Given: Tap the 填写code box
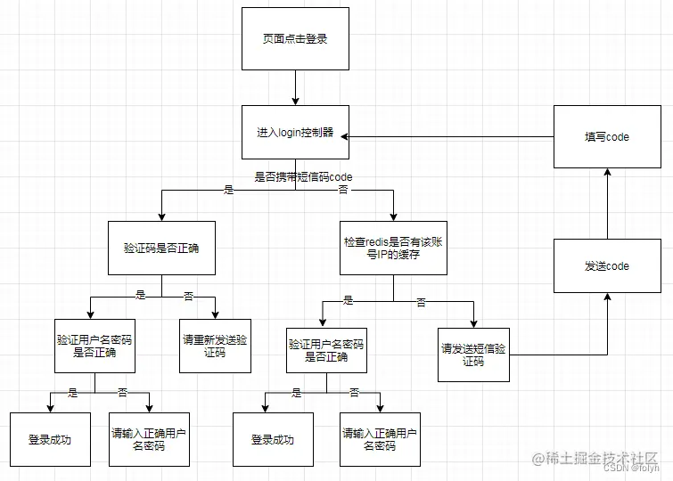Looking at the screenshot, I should point(606,136).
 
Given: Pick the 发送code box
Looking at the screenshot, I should point(606,265).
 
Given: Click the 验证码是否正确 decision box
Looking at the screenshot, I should point(161,248).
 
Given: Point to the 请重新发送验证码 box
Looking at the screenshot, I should point(214,346).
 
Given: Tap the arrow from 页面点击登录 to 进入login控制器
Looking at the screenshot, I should point(295,88).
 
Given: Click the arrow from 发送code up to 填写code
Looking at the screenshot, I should point(606,204).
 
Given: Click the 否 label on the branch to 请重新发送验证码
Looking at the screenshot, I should point(188,295).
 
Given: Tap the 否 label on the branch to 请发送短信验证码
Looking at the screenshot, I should point(421,303).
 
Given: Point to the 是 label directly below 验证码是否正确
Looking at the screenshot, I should point(140,295).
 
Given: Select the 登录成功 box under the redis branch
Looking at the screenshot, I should point(273,439).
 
